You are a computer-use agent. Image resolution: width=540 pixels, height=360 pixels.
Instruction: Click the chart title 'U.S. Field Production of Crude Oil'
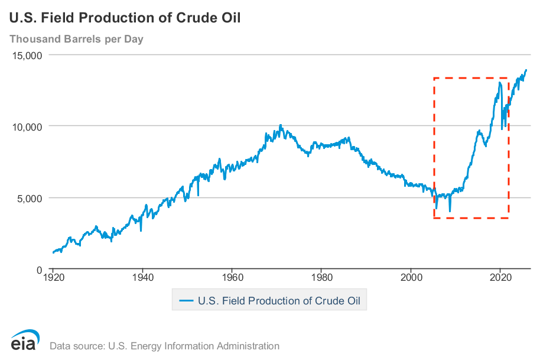point(125,17)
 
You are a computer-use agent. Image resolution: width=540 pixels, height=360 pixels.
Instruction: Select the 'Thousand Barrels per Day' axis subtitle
point(76,40)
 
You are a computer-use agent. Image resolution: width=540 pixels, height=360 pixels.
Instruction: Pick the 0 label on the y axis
point(38,270)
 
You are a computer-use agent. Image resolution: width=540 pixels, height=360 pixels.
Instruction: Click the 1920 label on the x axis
point(53,277)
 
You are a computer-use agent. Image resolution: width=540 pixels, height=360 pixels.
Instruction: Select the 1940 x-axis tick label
point(142,277)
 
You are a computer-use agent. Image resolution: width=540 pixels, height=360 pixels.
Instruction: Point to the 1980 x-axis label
point(321,277)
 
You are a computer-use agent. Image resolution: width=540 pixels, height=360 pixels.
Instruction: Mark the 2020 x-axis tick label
point(501,277)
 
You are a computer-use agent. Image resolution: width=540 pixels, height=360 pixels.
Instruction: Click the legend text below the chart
point(279,301)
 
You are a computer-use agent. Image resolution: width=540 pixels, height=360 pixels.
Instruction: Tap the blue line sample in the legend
point(186,301)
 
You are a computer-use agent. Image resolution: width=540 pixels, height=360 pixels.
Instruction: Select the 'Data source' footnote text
point(164,346)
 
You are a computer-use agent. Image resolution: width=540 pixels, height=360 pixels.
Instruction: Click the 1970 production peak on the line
point(281,125)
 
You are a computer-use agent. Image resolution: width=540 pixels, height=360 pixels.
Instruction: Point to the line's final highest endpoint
point(526,70)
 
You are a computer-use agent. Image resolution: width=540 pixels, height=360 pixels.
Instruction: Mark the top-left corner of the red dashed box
point(434,78)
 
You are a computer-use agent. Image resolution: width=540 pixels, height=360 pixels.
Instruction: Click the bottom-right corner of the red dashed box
point(509,218)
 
